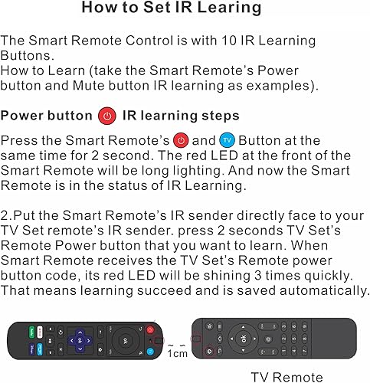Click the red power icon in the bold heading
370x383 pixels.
tap(107, 116)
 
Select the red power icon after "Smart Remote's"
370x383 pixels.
tap(181, 140)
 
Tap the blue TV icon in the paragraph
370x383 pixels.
tap(228, 140)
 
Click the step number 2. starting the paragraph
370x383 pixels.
tap(7, 217)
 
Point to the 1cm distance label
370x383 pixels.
tap(178, 355)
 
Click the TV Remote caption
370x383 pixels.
tap(287, 376)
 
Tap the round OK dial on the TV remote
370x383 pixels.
tap(244, 338)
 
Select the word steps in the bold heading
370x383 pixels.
tap(220, 116)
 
